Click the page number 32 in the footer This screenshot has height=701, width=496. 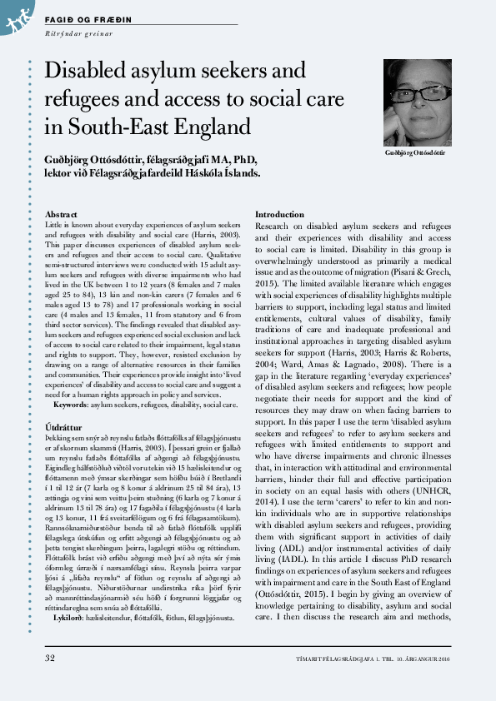click(x=49, y=681)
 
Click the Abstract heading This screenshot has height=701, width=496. click(x=61, y=214)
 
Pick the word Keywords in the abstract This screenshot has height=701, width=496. click(x=72, y=380)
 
